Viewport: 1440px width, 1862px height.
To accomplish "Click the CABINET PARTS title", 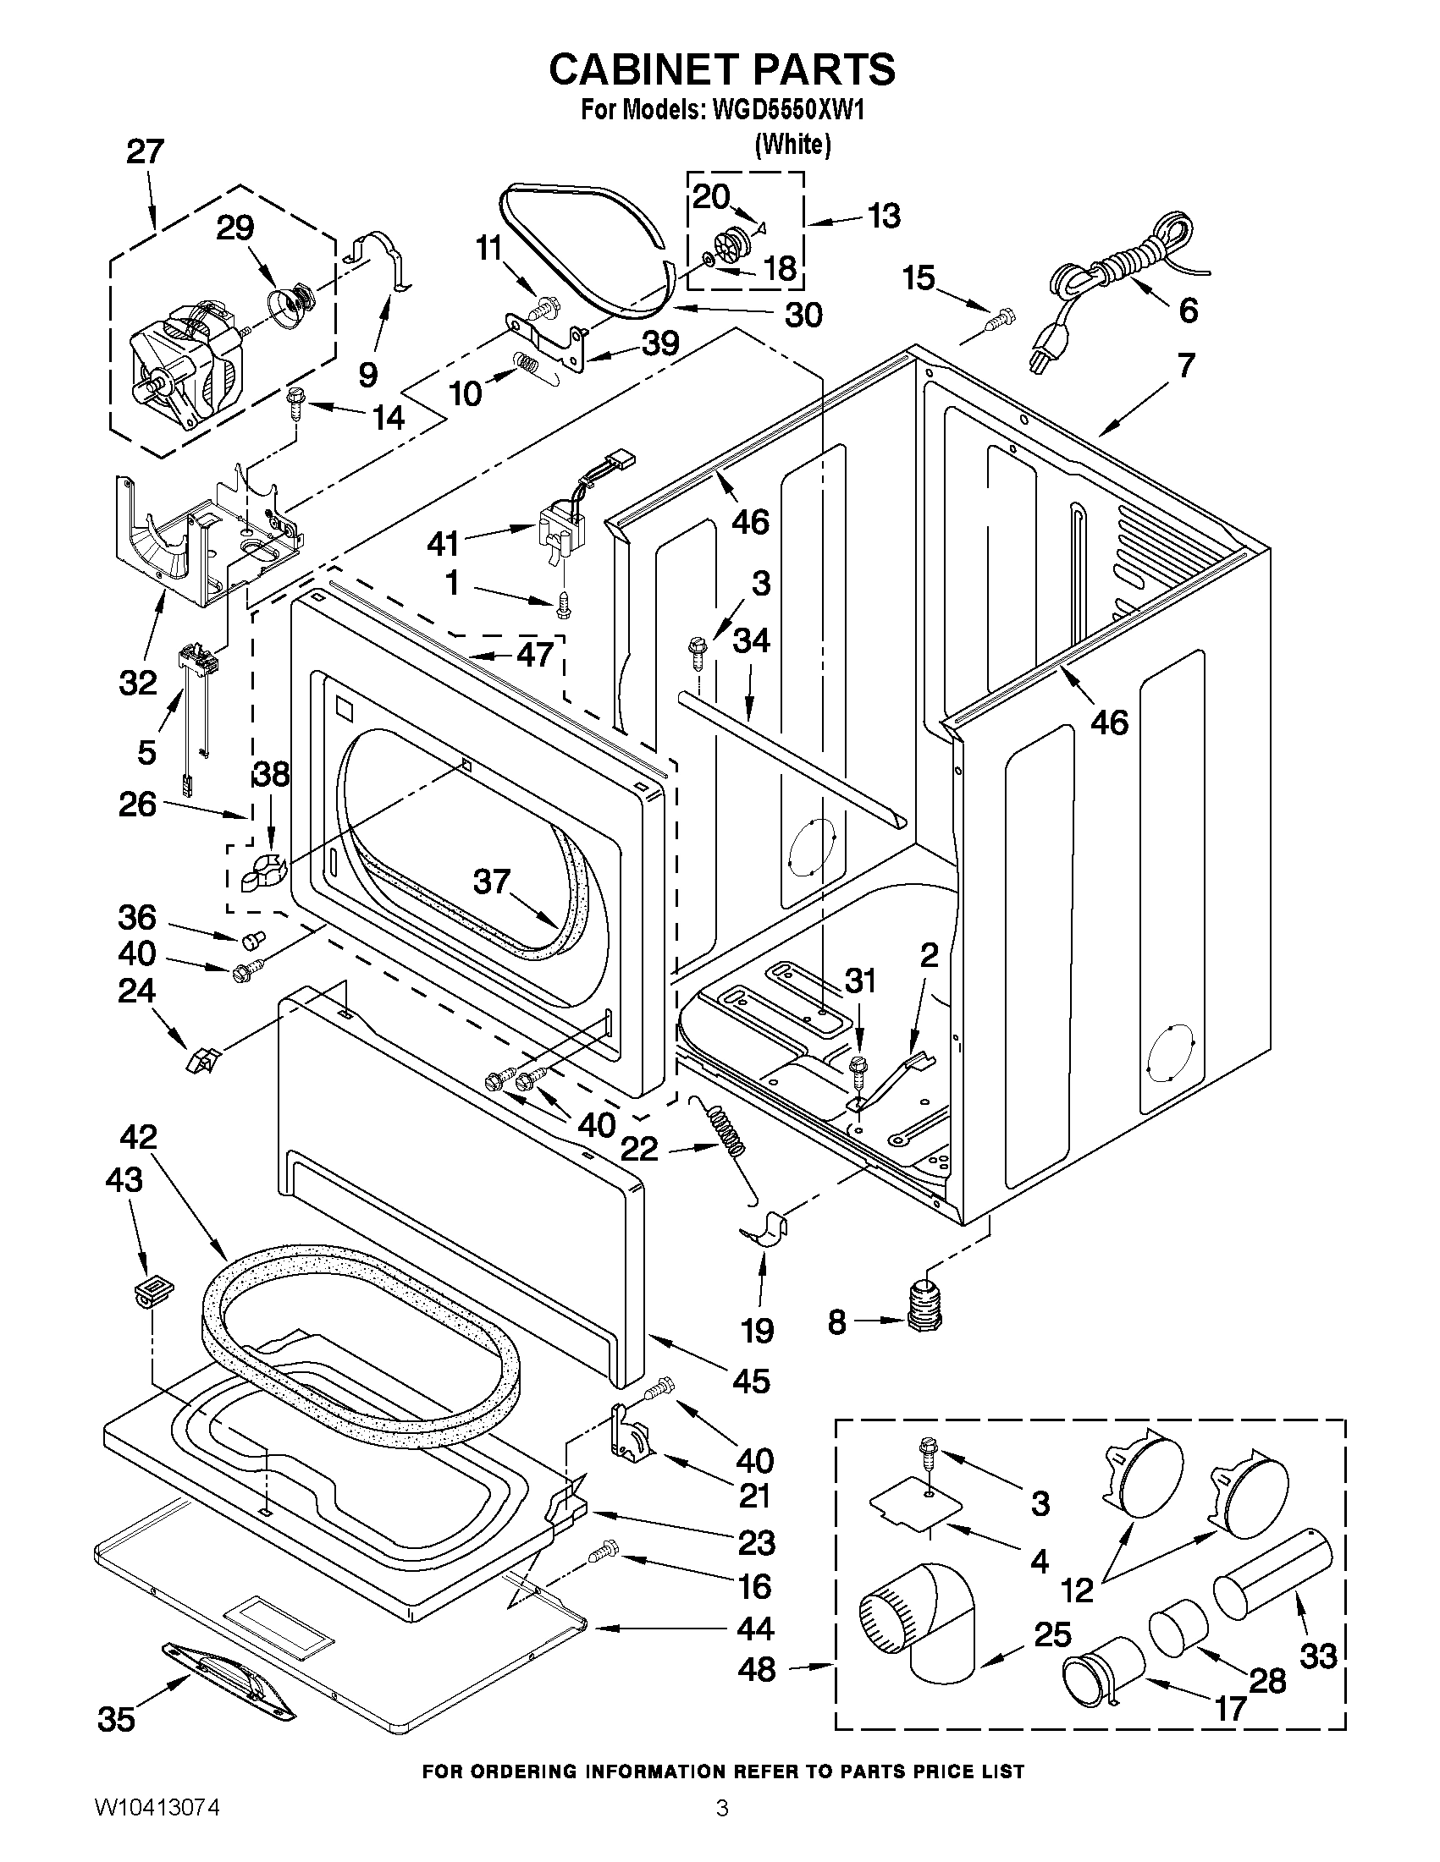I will tap(721, 69).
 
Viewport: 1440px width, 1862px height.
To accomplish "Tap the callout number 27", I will tap(144, 151).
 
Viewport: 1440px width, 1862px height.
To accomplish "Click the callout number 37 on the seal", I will tap(491, 882).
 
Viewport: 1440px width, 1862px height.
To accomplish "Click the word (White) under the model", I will tap(792, 144).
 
